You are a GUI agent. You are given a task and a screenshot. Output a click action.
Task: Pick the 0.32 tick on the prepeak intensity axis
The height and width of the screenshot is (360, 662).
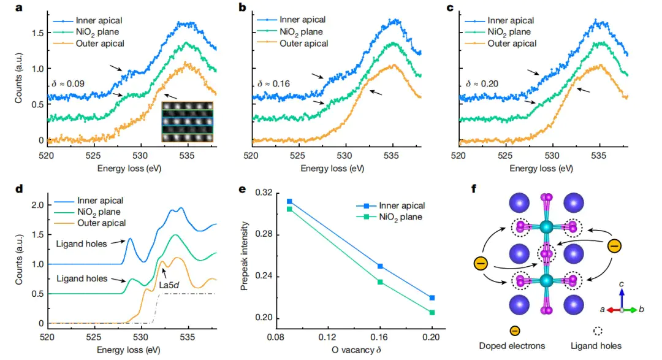(264, 193)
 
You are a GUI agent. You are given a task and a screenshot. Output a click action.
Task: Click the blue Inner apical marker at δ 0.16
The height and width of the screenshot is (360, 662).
(380, 266)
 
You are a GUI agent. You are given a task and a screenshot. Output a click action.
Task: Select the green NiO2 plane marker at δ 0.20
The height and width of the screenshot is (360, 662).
(432, 313)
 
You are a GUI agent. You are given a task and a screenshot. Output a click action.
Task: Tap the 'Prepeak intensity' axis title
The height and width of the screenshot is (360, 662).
(243, 256)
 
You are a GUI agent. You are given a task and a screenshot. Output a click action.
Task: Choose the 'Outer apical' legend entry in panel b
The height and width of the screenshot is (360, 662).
(303, 43)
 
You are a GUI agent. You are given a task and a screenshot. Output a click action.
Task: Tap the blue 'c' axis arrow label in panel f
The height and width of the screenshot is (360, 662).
(622, 284)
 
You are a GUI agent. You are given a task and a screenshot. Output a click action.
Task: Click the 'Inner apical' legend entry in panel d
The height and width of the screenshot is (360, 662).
(100, 200)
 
